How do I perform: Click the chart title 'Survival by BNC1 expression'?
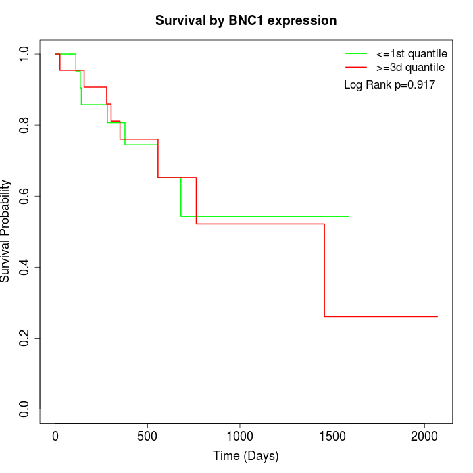(x=246, y=20)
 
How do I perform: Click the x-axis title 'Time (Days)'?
(x=246, y=456)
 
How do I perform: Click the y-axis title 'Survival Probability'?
(x=6, y=231)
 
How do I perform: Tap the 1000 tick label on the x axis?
(x=240, y=436)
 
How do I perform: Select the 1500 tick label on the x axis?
(x=332, y=436)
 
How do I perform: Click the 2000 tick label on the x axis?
(x=424, y=436)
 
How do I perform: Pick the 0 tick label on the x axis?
(x=55, y=436)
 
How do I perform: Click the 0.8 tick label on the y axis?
(x=25, y=125)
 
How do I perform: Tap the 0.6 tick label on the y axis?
(x=25, y=196)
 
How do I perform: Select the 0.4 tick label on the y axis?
(x=25, y=267)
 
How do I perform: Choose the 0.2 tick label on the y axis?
(x=25, y=338)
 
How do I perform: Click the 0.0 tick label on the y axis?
(x=25, y=409)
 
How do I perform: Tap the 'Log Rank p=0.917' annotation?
(x=389, y=85)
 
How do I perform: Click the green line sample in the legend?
(x=356, y=53)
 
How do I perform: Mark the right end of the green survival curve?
(x=349, y=216)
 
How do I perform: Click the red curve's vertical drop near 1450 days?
(x=324, y=270)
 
